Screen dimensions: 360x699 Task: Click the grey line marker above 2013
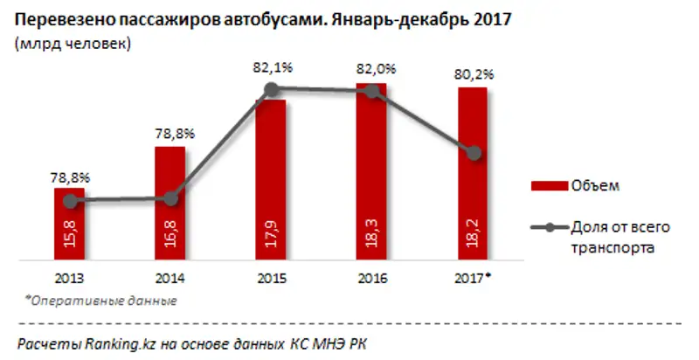[69, 200]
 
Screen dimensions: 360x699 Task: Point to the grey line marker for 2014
[170, 199]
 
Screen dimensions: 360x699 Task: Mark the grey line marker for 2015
[272, 88]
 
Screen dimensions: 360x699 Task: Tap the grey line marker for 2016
[373, 90]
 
